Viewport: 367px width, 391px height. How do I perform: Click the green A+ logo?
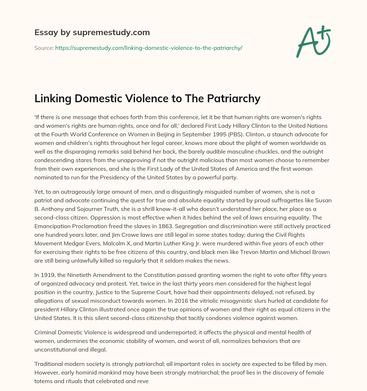pyautogui.click(x=313, y=41)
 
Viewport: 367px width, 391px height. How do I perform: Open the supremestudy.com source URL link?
pyautogui.click(x=149, y=48)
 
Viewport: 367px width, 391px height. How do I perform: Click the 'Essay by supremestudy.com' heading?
pyautogui.click(x=92, y=33)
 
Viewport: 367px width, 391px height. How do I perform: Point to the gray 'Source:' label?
pyautogui.click(x=44, y=48)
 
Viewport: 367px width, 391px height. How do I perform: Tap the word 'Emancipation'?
pyautogui.click(x=52, y=226)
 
